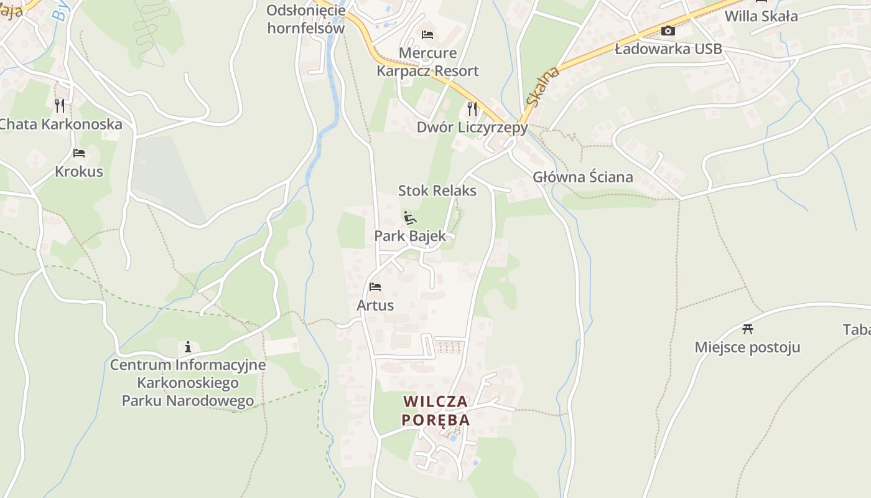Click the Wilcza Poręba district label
coord(435,410)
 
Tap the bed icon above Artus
coord(375,287)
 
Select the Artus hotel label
coord(375,305)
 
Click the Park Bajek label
coord(410,236)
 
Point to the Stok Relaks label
coord(437,190)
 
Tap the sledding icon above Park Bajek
coord(409,218)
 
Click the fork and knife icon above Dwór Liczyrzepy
coord(472,109)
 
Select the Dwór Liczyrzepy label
coord(472,128)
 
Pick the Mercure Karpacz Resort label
coord(427,62)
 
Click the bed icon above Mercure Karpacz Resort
coord(427,34)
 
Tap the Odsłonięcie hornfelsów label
coord(305,19)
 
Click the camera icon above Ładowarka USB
coord(668,31)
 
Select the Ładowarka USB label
coord(668,49)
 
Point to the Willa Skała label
coord(761,16)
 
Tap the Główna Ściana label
coord(583,177)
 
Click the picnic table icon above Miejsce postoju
coord(748,329)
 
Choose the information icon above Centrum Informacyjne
coord(188,347)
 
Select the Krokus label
coord(79,171)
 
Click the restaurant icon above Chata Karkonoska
coord(60,105)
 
